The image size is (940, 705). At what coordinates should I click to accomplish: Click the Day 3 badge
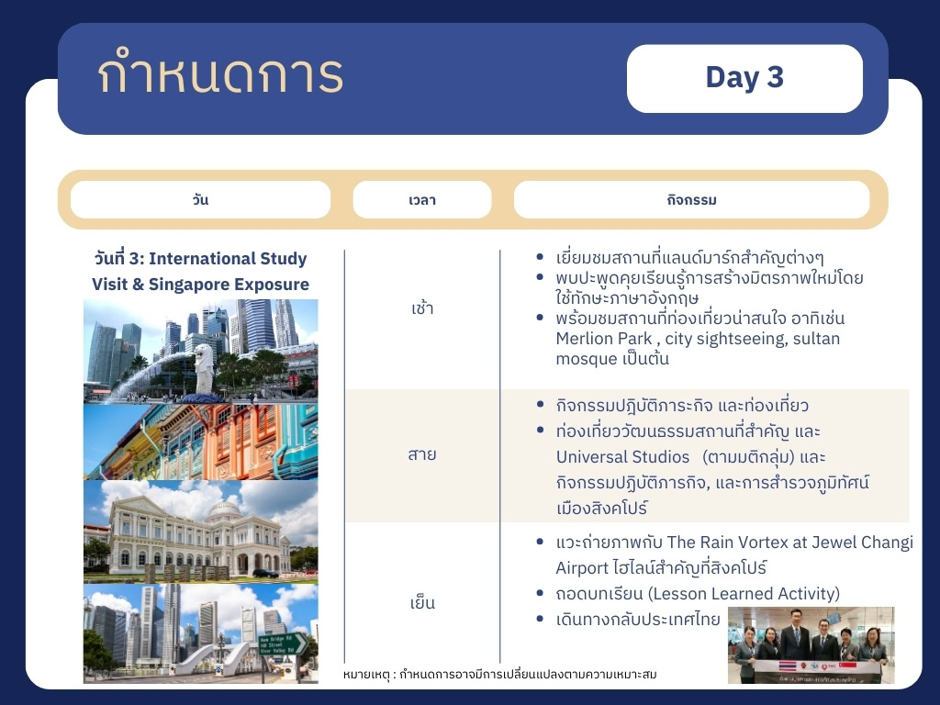click(x=744, y=78)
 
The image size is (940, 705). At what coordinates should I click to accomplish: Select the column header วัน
click(x=200, y=199)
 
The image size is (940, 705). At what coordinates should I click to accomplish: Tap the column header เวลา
click(x=422, y=199)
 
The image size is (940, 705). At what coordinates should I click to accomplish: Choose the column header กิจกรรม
click(x=692, y=199)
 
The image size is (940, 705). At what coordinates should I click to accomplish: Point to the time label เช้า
click(x=422, y=308)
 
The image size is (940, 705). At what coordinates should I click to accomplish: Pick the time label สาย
click(x=422, y=454)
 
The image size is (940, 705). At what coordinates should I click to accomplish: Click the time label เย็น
click(x=422, y=601)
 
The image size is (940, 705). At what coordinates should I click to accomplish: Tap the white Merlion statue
click(x=205, y=368)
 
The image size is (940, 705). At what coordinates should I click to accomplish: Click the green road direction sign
click(x=283, y=644)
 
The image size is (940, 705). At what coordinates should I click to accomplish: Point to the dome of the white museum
click(x=224, y=509)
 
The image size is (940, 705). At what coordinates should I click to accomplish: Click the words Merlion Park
click(x=604, y=339)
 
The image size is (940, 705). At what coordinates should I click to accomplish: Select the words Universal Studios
click(x=623, y=457)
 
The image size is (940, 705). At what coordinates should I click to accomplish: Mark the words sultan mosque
click(x=698, y=348)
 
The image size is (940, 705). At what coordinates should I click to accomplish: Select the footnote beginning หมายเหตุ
click(x=500, y=675)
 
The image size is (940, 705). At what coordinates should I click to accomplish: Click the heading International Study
click(x=228, y=258)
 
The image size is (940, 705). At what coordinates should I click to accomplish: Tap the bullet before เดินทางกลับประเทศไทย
click(x=540, y=619)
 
